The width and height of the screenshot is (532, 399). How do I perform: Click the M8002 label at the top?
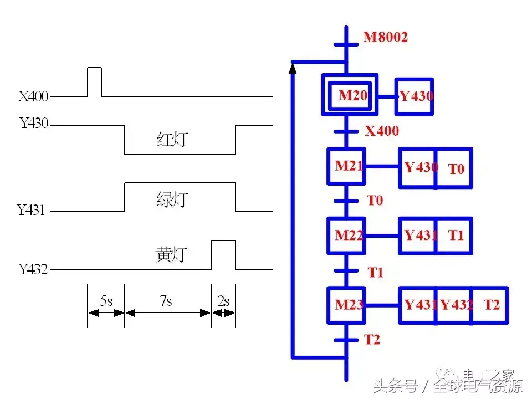point(386,38)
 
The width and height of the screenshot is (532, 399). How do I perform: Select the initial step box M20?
point(350,95)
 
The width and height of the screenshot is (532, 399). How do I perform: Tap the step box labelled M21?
point(347,166)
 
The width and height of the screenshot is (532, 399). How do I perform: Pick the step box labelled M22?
point(347,236)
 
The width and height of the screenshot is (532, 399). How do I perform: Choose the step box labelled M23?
point(347,305)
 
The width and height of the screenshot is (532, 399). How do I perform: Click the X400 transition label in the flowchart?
point(382,131)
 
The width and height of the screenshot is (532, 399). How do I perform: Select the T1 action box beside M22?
point(454,236)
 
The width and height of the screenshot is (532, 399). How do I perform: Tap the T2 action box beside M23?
point(490,305)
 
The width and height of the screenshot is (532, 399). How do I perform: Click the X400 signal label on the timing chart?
point(33,98)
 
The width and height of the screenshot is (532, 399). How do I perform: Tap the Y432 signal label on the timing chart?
point(33,270)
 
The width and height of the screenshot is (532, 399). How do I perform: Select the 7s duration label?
point(166,301)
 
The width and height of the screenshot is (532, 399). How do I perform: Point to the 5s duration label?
point(106,301)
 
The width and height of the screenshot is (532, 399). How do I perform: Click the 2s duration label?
point(223,301)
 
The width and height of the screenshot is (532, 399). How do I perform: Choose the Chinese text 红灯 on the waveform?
point(172,140)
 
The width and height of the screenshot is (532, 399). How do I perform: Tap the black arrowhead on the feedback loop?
point(293,68)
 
